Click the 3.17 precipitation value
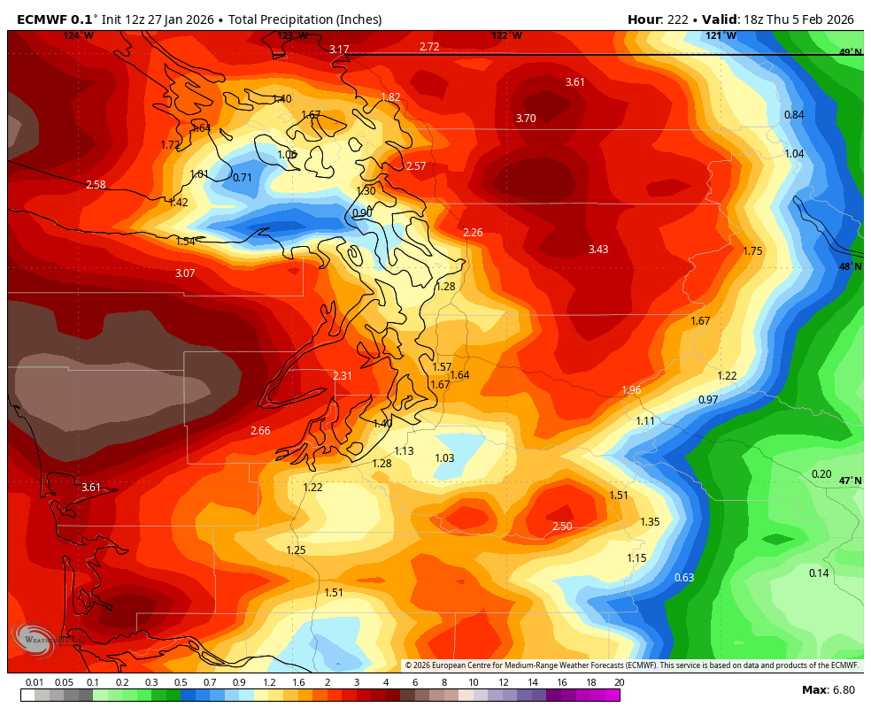click(339, 50)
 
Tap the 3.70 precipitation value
click(526, 119)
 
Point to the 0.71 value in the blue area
click(243, 178)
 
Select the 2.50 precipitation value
click(562, 527)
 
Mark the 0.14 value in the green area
click(819, 573)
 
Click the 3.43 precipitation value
click(598, 250)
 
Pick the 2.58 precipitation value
click(96, 185)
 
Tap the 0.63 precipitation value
click(684, 578)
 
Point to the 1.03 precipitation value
click(444, 458)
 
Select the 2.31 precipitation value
click(343, 376)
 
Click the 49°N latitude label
click(851, 52)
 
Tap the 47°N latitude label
click(851, 481)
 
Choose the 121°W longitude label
click(721, 35)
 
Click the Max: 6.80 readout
click(828, 690)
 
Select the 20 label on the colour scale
click(619, 682)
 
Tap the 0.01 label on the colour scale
click(35, 682)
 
